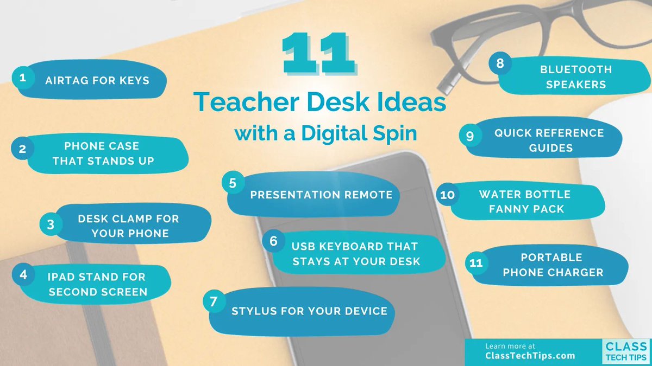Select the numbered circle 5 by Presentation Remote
click(x=233, y=183)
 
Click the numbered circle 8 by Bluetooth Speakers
click(x=500, y=63)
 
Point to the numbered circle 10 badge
click(x=447, y=195)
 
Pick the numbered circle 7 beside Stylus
click(x=214, y=302)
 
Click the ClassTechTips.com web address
click(x=530, y=356)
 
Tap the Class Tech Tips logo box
click(x=625, y=351)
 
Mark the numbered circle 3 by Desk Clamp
click(x=51, y=224)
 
